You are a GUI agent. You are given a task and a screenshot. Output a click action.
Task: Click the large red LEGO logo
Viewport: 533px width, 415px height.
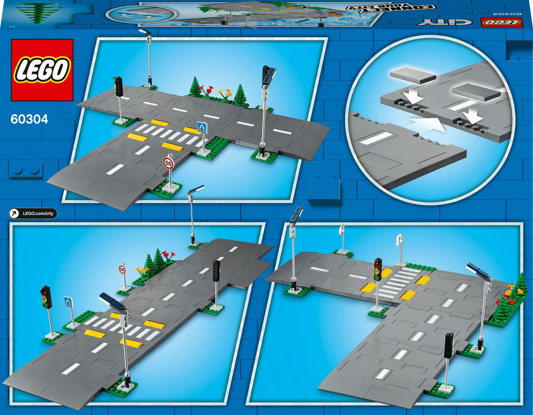click(42, 70)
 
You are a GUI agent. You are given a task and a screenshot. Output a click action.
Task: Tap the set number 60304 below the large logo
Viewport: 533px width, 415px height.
click(30, 119)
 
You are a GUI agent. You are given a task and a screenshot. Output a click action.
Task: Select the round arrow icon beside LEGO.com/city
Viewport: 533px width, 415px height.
click(15, 214)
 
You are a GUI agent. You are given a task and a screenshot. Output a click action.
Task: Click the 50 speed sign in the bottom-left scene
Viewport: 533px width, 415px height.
click(122, 269)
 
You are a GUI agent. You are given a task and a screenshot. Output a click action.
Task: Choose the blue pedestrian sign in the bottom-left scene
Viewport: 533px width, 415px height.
click(68, 302)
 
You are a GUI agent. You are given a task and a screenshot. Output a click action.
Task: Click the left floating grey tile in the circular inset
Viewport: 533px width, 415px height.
click(413, 75)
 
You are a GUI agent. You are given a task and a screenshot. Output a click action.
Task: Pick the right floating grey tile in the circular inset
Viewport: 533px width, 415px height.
click(475, 92)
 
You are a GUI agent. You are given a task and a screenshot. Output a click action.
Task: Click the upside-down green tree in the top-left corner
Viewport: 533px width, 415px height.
click(40, 12)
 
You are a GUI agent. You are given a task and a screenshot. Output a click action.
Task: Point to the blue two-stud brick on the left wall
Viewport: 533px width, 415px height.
click(25, 168)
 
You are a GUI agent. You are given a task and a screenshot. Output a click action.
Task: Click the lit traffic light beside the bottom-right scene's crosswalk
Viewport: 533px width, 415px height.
click(378, 269)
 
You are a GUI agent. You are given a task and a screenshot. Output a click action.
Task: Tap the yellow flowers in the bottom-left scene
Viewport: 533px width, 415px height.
click(142, 270)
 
